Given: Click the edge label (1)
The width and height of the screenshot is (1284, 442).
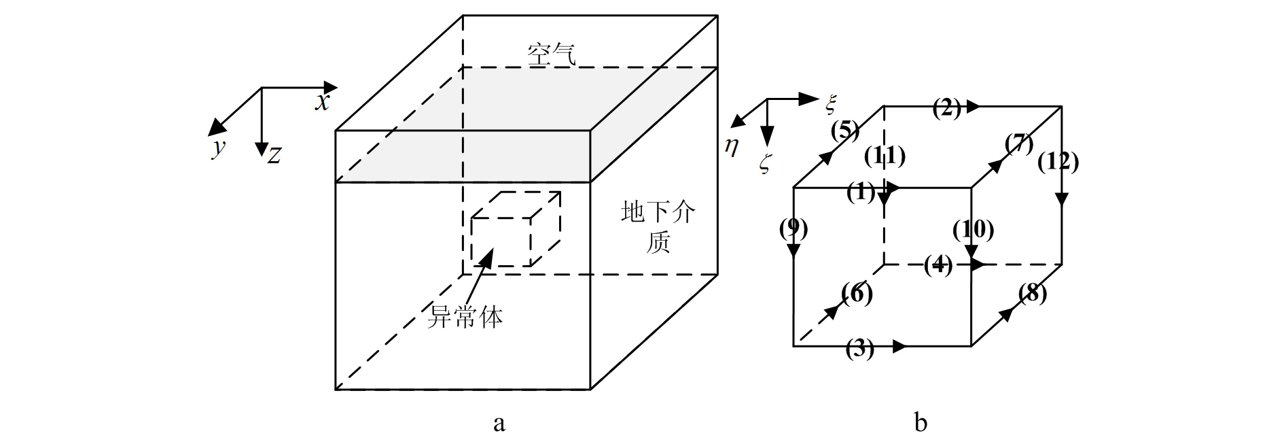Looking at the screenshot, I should pos(861,193).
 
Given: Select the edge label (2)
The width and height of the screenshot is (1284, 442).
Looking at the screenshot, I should pos(946,107).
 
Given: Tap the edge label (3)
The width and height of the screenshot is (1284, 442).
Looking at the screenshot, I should pos(859,350).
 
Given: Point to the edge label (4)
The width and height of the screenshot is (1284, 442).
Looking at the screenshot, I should pos(938,265).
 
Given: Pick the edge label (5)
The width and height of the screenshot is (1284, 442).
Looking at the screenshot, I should pos(845,129).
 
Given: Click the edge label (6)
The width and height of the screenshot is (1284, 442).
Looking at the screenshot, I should pos(857,294).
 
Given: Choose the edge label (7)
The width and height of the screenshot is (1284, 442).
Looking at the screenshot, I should pos(1019,144).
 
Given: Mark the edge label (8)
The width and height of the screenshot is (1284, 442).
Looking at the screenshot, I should pos(1033,294).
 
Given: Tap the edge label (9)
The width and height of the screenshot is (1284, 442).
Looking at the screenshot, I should pos(793,229).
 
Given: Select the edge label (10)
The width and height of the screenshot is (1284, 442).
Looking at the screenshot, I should pos(973,230).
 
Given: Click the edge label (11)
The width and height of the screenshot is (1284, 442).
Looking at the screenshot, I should pos(885,156).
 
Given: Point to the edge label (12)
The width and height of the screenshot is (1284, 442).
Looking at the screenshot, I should pos(1058,161).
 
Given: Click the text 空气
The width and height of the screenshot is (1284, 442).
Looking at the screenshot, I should pos(552,54).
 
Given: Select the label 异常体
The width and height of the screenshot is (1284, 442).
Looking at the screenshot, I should pos(465,317).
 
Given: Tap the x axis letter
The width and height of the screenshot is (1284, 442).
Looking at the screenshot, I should pos(322,102).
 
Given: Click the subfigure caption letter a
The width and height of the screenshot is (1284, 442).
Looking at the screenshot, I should pos(499,424).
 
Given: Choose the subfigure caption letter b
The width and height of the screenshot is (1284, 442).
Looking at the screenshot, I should pos(921,423).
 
